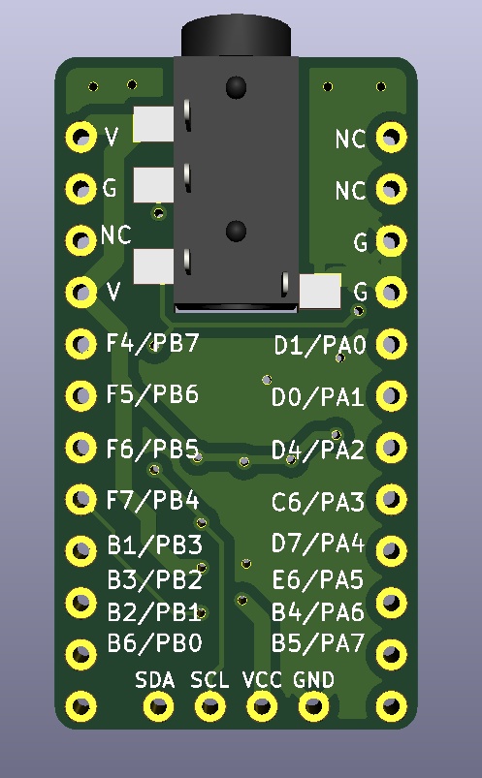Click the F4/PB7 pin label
152,343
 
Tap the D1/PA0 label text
318,345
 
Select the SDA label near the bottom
155,680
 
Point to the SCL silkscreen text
209,680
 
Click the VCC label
262,680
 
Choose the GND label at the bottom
313,680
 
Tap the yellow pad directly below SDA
156,707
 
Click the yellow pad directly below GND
313,707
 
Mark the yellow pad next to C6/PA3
391,500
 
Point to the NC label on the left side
115,235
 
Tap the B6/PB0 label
154,642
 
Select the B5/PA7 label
318,642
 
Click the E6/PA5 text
318,579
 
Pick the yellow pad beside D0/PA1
391,395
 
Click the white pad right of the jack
320,291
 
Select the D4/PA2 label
318,450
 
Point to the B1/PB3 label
154,545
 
